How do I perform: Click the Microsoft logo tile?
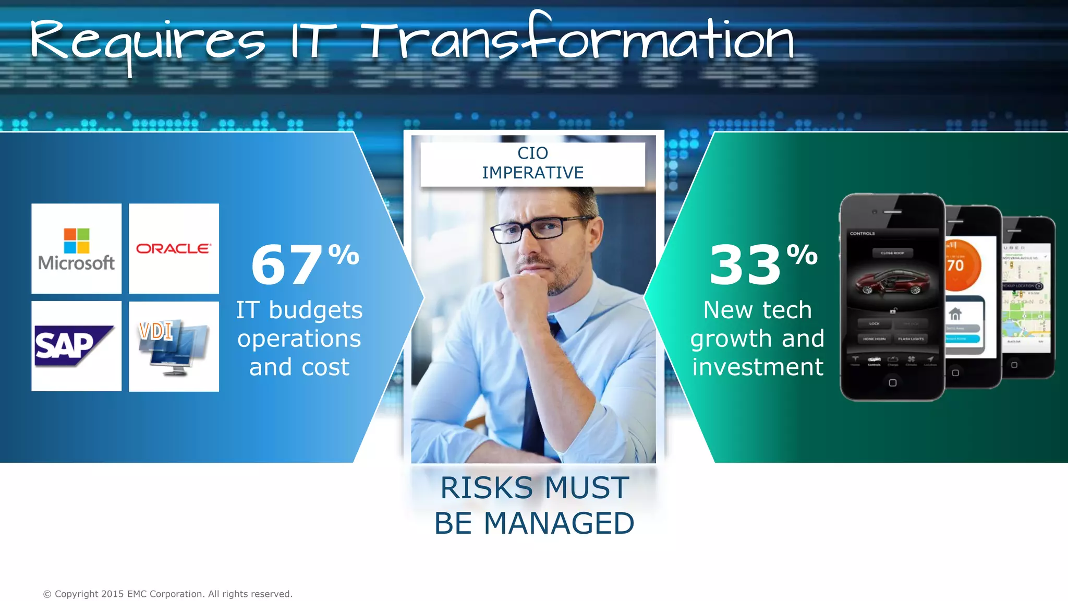(76, 249)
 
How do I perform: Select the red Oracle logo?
(174, 249)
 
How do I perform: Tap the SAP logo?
(74, 345)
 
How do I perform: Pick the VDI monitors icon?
(174, 347)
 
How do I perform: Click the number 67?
(286, 266)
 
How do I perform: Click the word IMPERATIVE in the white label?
(532, 173)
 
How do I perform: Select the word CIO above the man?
(532, 153)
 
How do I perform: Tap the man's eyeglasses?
(537, 230)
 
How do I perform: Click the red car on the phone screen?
(893, 282)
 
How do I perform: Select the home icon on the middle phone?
(955, 314)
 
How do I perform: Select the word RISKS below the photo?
(486, 488)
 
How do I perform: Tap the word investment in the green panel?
(758, 367)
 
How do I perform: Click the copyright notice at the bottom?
(167, 594)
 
